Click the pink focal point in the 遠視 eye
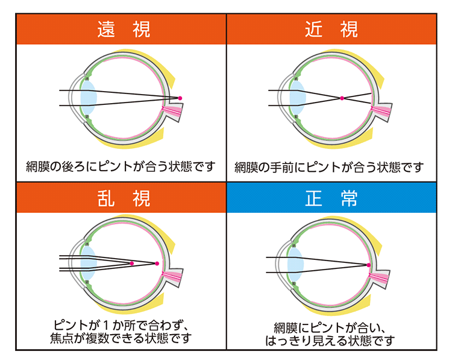pos(179,98)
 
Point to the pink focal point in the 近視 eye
pos(342,98)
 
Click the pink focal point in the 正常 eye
pos(368,264)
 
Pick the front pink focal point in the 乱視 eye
pos(132,263)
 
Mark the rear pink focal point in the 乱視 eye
pos(157,264)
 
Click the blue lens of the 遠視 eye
pos(88,97)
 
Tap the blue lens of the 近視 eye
pos(297,97)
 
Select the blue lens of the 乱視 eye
pos(89,264)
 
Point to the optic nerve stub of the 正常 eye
pos(382,278)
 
